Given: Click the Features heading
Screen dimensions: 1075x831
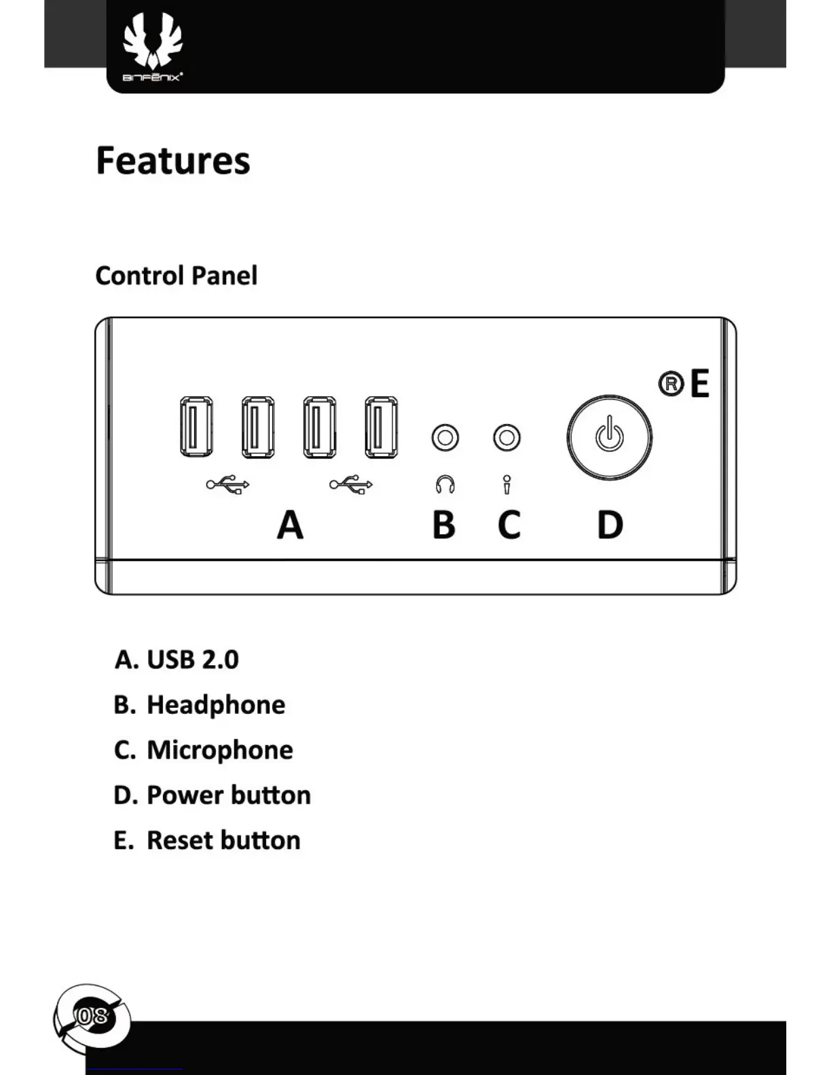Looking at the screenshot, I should (x=173, y=161).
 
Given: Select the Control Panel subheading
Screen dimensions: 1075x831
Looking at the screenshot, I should (x=177, y=276).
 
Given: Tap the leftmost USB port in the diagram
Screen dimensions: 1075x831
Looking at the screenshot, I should (x=196, y=427).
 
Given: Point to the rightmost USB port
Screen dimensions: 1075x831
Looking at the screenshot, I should (x=381, y=427).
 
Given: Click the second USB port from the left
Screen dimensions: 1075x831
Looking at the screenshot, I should (x=258, y=427).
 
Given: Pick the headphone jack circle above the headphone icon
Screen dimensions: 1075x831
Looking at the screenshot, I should (x=445, y=438).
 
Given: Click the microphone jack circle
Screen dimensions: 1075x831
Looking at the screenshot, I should (x=506, y=438).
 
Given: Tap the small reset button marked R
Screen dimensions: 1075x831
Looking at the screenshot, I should (x=671, y=384).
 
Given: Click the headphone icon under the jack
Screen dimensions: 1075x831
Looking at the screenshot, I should (x=445, y=485).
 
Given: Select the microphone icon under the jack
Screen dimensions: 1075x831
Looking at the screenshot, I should (x=506, y=485).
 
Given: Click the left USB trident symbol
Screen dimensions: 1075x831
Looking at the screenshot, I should (x=228, y=484).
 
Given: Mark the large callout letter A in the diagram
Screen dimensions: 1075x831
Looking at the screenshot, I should (x=290, y=525).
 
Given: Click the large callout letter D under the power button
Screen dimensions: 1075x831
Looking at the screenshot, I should (x=610, y=525).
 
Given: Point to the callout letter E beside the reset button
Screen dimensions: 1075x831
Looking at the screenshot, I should (x=700, y=384).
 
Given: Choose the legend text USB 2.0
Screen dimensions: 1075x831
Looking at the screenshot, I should (x=193, y=660).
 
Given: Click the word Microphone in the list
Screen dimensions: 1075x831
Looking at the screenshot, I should (x=220, y=750).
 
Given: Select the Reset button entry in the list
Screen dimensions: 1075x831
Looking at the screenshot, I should (x=223, y=840).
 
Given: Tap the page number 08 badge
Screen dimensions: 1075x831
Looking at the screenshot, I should (x=92, y=1017).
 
